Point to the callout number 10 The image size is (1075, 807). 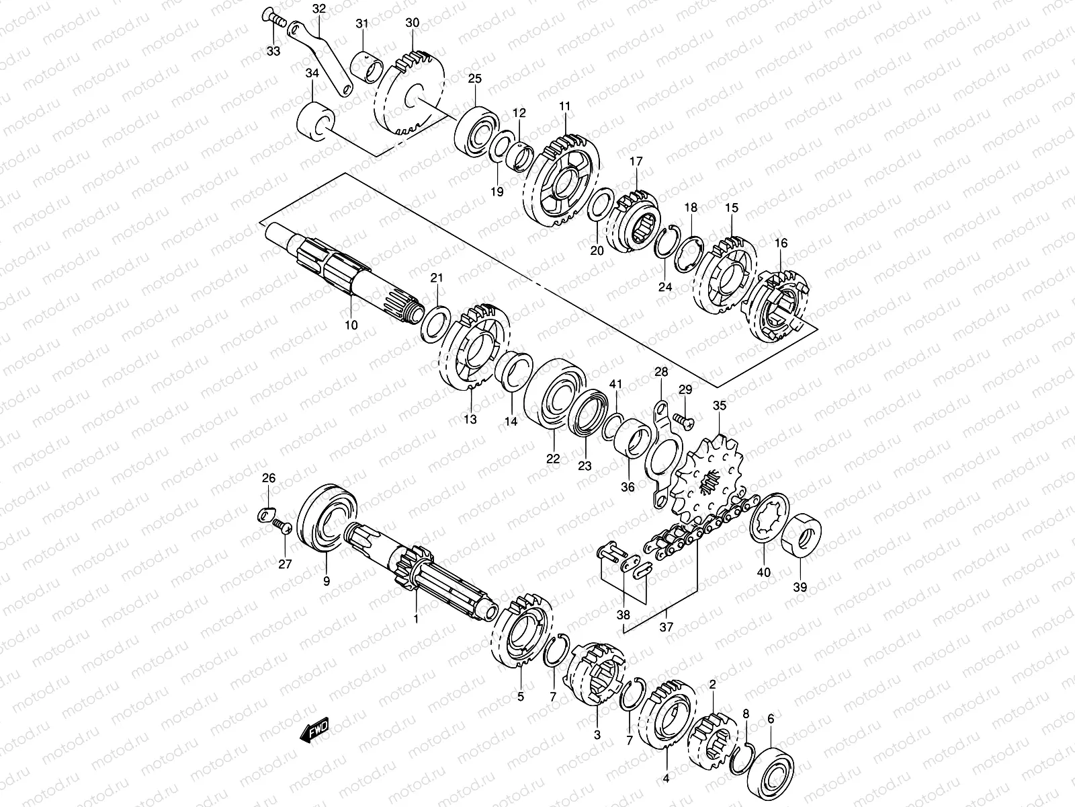pos(351,325)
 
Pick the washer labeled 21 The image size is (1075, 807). pos(435,321)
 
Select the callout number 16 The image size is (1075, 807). pos(780,243)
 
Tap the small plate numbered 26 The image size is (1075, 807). pos(267,516)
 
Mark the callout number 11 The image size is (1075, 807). pos(564,106)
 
